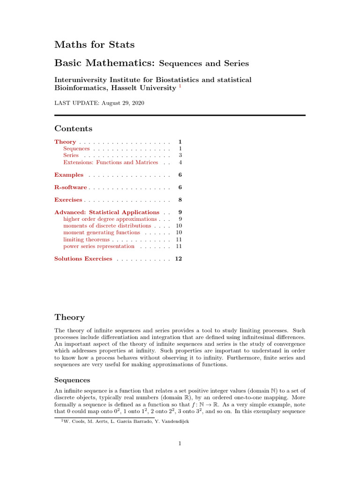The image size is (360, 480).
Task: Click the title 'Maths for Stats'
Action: (x=94, y=45)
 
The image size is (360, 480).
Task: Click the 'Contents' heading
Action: (x=73, y=128)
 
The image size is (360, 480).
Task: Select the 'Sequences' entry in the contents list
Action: (x=76, y=149)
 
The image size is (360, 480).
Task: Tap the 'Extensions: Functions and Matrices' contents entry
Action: (x=111, y=162)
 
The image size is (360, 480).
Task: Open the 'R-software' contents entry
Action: (x=71, y=187)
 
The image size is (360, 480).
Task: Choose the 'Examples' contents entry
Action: (x=69, y=175)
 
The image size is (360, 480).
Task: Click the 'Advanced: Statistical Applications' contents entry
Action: (x=107, y=212)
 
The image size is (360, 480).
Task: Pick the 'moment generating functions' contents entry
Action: (x=102, y=232)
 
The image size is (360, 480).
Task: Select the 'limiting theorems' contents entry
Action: (x=86, y=240)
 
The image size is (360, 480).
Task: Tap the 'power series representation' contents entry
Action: (x=99, y=246)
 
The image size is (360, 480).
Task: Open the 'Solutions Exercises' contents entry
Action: (x=83, y=259)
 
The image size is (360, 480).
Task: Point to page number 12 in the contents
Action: (x=179, y=259)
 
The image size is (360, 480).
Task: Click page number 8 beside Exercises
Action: (x=180, y=200)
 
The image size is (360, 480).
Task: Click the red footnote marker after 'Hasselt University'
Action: (x=180, y=86)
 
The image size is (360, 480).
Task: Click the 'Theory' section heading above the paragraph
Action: (x=69, y=317)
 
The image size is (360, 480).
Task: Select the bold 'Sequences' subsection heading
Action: (x=72, y=380)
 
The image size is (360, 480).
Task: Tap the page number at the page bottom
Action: (x=180, y=444)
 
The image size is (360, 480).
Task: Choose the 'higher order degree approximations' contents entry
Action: (x=110, y=219)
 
